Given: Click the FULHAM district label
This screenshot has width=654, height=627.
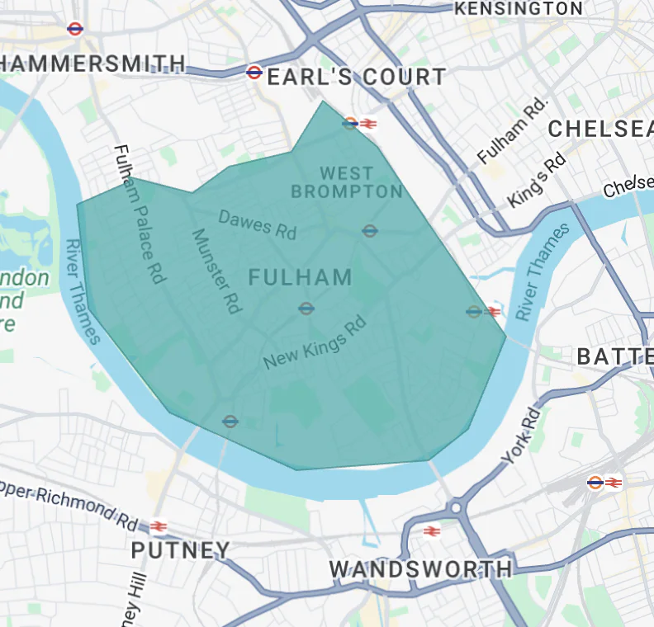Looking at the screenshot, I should pos(301,277).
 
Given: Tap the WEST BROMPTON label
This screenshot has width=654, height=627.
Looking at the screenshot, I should pos(346,182).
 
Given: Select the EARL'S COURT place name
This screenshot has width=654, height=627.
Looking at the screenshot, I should pos(357,78).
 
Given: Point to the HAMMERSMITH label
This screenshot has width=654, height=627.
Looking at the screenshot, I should pos(92,64).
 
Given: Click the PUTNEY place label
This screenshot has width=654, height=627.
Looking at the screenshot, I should pos(181,549).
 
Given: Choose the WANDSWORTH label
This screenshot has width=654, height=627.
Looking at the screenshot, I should pos(420,569).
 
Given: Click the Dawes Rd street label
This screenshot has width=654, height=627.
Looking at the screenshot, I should pos(257,224).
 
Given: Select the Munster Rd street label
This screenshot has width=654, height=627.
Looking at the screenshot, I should pos(216,271).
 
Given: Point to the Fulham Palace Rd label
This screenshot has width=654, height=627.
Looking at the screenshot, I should pos(137,214).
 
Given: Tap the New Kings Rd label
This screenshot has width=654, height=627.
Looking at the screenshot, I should pos(314,343).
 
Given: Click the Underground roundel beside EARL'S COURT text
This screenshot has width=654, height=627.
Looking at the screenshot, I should pos(254,73).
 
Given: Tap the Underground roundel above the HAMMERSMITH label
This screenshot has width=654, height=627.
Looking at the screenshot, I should pos(75,29).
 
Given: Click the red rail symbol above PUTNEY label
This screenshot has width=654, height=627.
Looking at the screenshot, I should pos(159,526).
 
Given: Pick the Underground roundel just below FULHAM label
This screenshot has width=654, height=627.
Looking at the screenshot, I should pos(306,309).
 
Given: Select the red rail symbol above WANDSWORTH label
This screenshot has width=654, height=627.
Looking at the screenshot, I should pos(430,530).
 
